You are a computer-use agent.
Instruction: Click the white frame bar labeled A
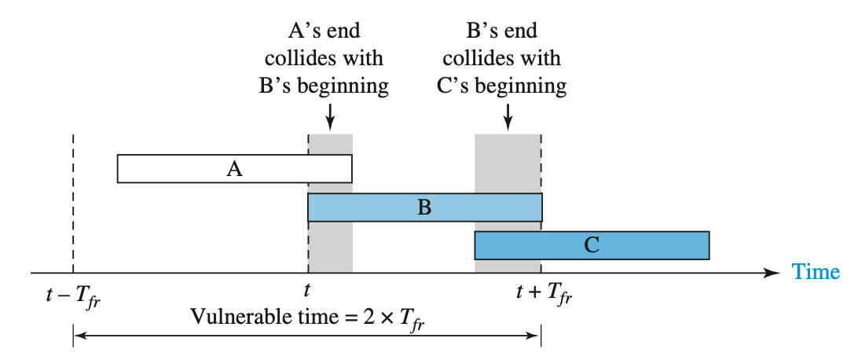coord(173,168)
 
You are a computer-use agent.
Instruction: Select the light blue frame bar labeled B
coord(377,208)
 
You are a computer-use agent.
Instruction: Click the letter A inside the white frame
coord(234,168)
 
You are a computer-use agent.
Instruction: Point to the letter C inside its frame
coord(592,245)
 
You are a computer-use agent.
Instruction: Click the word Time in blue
coord(816,272)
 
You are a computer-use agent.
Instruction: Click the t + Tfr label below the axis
coord(544,296)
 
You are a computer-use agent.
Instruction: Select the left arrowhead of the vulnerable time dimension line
coord(77,336)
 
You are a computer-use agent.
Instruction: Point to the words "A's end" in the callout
coord(324,31)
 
